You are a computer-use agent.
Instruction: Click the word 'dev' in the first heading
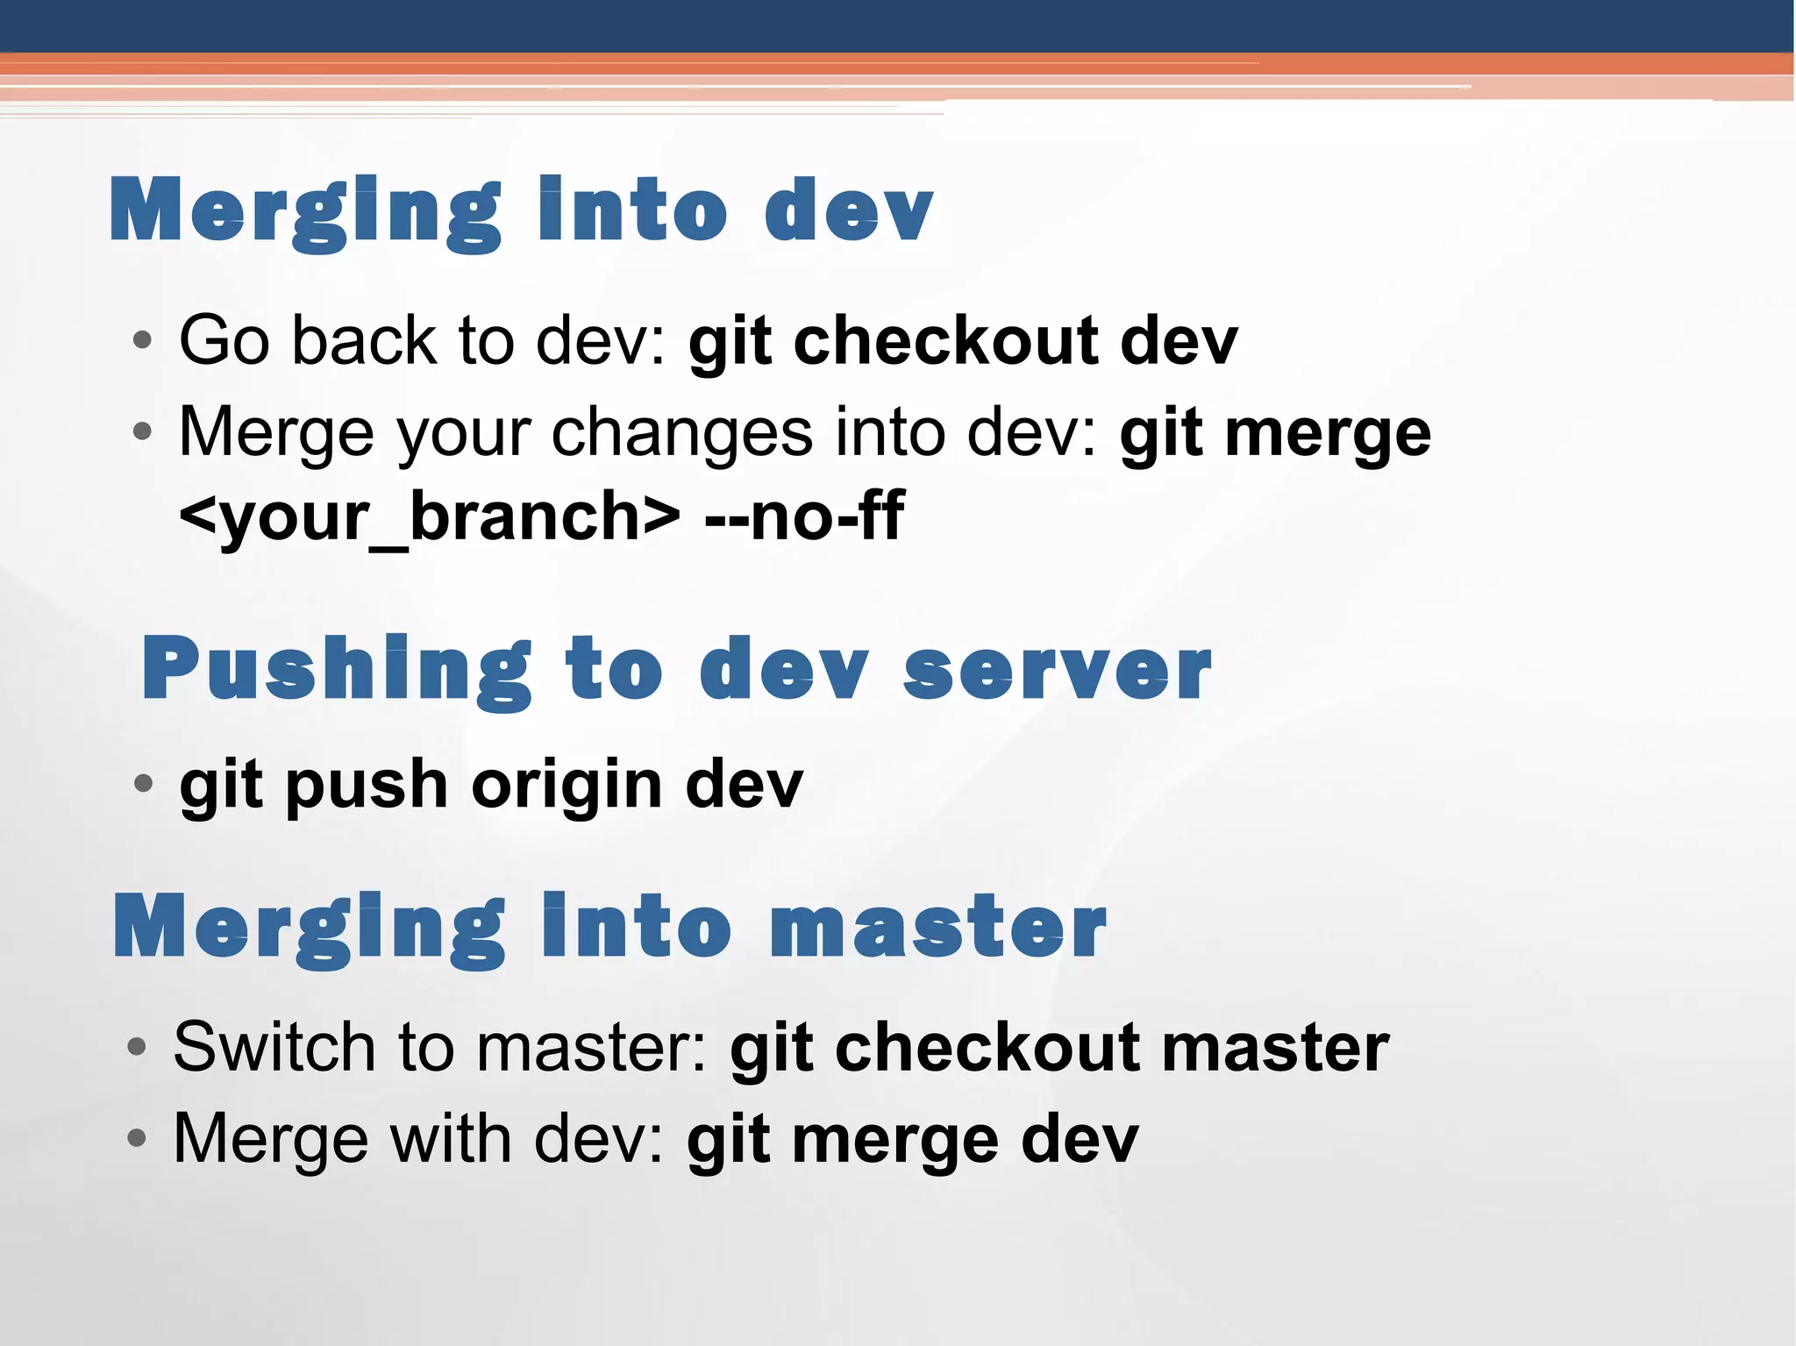click(x=848, y=210)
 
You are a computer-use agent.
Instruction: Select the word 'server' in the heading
click(x=1057, y=670)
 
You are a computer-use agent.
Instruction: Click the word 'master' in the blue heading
click(x=937, y=929)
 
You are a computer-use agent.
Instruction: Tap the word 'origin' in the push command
click(x=567, y=784)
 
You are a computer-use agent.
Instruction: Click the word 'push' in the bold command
click(x=367, y=786)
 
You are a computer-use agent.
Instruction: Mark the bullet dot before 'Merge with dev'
click(x=136, y=1138)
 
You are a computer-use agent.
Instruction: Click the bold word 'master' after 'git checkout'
click(x=1275, y=1047)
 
